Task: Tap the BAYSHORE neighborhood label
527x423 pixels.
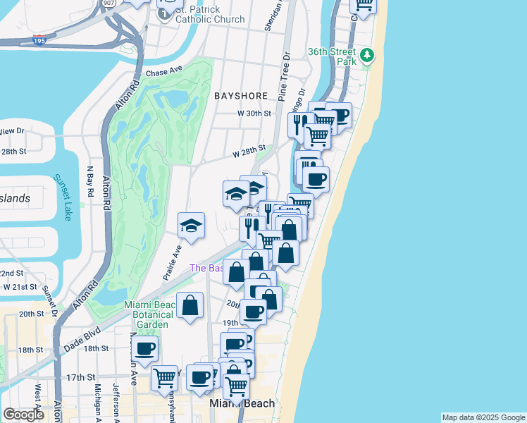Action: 241,95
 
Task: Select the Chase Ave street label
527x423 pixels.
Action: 164,73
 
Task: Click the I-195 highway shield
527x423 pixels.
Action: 40,41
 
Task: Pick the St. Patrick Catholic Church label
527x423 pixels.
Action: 210,14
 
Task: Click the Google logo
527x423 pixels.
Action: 23,415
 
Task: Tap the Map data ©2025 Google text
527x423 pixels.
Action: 483,417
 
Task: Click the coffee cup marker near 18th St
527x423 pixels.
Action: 145,348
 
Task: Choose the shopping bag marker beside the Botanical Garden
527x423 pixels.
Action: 190,306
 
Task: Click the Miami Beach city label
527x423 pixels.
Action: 242,403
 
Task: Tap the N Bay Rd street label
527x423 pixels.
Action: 89,181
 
